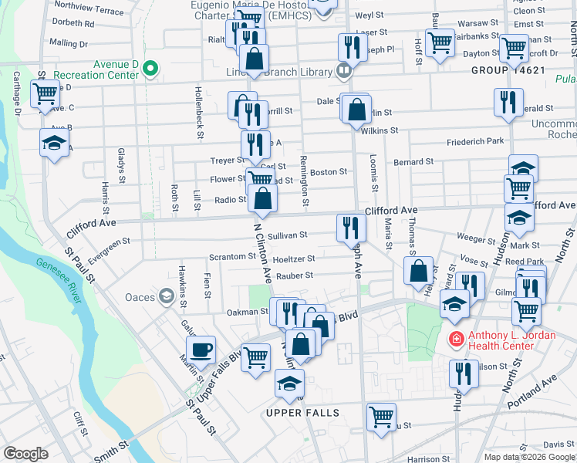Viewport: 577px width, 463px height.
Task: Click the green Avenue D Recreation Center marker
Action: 150,69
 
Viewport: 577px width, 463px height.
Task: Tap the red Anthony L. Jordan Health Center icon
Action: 456,339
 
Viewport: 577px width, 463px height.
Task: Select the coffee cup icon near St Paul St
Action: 201,350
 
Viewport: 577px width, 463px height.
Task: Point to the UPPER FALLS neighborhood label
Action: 302,414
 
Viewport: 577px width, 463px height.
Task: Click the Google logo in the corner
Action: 25,454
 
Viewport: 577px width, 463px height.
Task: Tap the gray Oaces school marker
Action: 166,296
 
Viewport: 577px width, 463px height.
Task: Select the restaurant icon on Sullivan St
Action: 349,227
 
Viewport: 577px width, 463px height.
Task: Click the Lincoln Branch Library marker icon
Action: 344,71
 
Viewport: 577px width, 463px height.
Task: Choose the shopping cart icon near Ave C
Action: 45,94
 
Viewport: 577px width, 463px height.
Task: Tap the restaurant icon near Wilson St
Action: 464,373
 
